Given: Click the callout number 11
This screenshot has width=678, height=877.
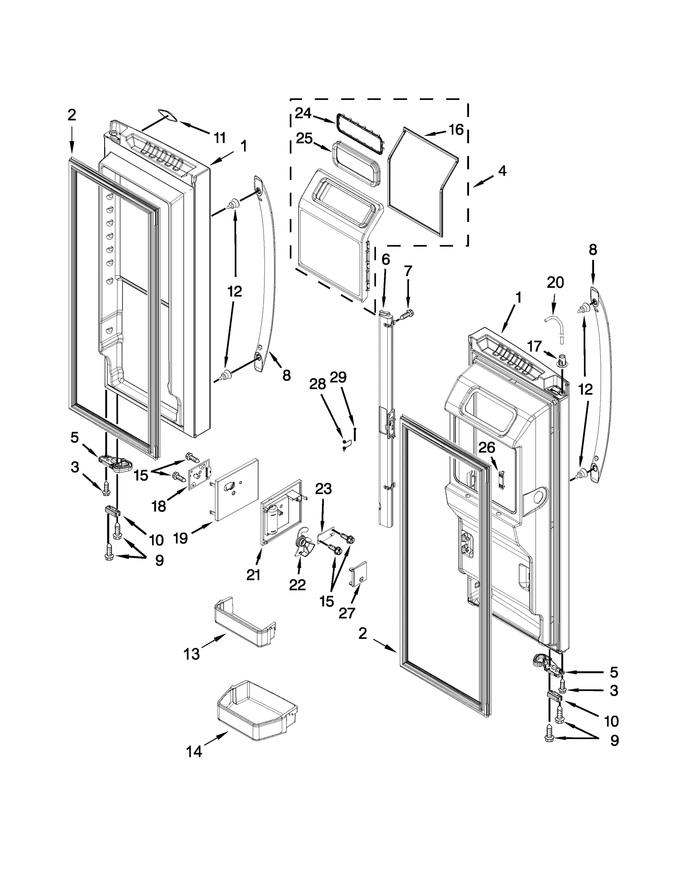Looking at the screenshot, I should point(219,138).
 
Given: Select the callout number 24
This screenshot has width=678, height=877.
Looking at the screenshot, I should point(303,113).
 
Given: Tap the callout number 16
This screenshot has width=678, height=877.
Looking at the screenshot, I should point(456,130).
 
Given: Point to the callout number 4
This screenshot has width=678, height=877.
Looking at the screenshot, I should point(502,171).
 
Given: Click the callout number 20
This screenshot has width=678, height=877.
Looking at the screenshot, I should point(555,282).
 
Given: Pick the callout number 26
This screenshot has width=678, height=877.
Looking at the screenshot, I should point(486,447).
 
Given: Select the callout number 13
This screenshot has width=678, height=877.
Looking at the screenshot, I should point(191,654).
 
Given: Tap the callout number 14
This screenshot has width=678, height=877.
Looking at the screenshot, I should point(194,752).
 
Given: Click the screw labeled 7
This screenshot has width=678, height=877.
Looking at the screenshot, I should point(406,315).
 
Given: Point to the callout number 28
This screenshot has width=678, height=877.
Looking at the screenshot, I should point(317,384).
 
